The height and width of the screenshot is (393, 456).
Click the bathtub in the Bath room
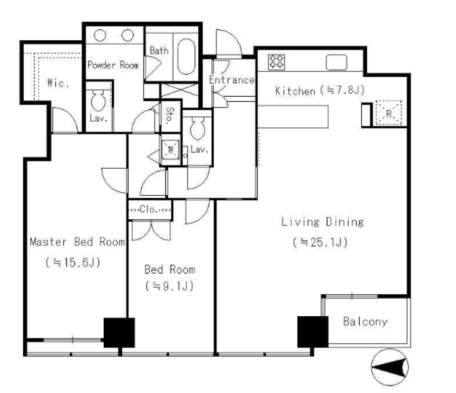tap(186, 56)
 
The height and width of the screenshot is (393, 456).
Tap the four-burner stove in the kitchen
tap(276, 62)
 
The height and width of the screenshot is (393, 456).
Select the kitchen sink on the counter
tap(336, 62)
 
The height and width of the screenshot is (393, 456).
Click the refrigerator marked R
tap(388, 113)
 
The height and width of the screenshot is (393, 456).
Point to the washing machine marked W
tap(171, 150)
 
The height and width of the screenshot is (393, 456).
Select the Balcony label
tap(366, 322)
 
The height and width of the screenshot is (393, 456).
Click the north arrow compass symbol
tap(390, 367)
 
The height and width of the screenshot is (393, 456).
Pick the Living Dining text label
tap(322, 222)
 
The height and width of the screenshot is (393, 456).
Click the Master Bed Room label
tap(78, 242)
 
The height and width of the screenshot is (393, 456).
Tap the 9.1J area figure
tap(170, 286)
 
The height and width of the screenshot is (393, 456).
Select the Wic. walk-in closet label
tap(58, 83)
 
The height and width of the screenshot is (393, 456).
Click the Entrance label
tap(232, 80)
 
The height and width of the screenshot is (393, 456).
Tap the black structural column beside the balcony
tap(313, 332)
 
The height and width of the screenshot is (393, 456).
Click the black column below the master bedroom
tap(119, 333)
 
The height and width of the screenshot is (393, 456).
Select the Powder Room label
tap(113, 65)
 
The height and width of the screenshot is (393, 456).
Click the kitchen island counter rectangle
tap(293, 117)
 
